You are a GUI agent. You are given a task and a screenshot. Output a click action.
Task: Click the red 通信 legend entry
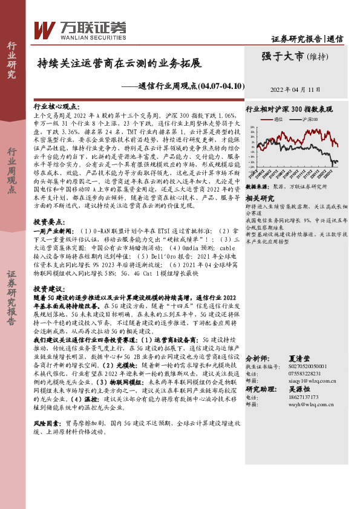click(278, 120)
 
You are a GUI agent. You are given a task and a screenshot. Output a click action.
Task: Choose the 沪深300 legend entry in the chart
click(312, 120)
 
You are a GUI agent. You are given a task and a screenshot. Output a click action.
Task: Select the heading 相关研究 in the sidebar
click(260, 198)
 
